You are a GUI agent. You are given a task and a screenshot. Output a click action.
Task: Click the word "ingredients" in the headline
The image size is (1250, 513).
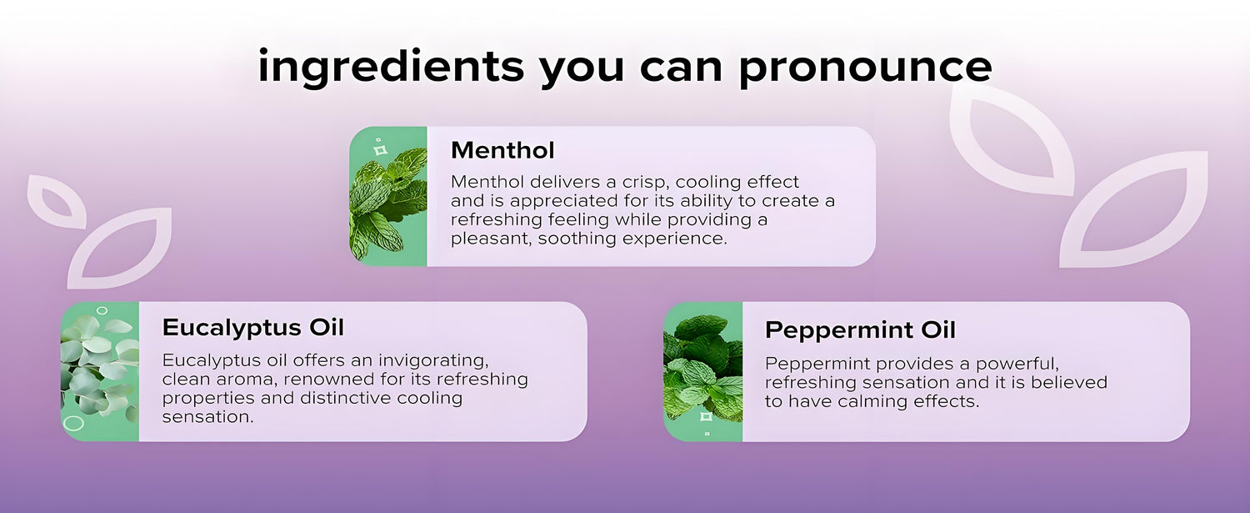[x=391, y=67]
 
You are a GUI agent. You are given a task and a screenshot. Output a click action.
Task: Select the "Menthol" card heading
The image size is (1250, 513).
[x=502, y=150]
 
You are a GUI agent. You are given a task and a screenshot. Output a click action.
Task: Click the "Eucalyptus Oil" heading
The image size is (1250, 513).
[x=253, y=328]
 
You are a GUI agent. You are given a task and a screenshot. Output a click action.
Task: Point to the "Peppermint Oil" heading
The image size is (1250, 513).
[x=861, y=329]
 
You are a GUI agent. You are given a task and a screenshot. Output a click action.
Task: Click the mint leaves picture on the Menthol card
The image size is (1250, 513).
[x=388, y=196]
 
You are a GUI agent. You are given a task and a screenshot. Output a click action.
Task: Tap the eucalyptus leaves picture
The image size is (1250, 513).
[x=100, y=372]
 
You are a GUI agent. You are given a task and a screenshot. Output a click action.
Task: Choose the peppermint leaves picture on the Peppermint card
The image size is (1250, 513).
[x=703, y=372]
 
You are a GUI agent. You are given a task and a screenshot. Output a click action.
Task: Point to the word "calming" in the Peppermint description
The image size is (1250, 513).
[x=875, y=401]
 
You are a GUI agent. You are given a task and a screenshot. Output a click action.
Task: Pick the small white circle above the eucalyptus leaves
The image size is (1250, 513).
[x=102, y=310]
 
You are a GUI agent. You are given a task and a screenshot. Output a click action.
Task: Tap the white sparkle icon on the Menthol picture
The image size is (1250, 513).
[x=381, y=150]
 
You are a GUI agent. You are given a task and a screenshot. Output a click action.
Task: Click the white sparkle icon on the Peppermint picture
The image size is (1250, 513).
[x=706, y=416]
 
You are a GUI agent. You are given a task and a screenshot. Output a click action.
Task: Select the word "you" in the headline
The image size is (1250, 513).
[x=582, y=71]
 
